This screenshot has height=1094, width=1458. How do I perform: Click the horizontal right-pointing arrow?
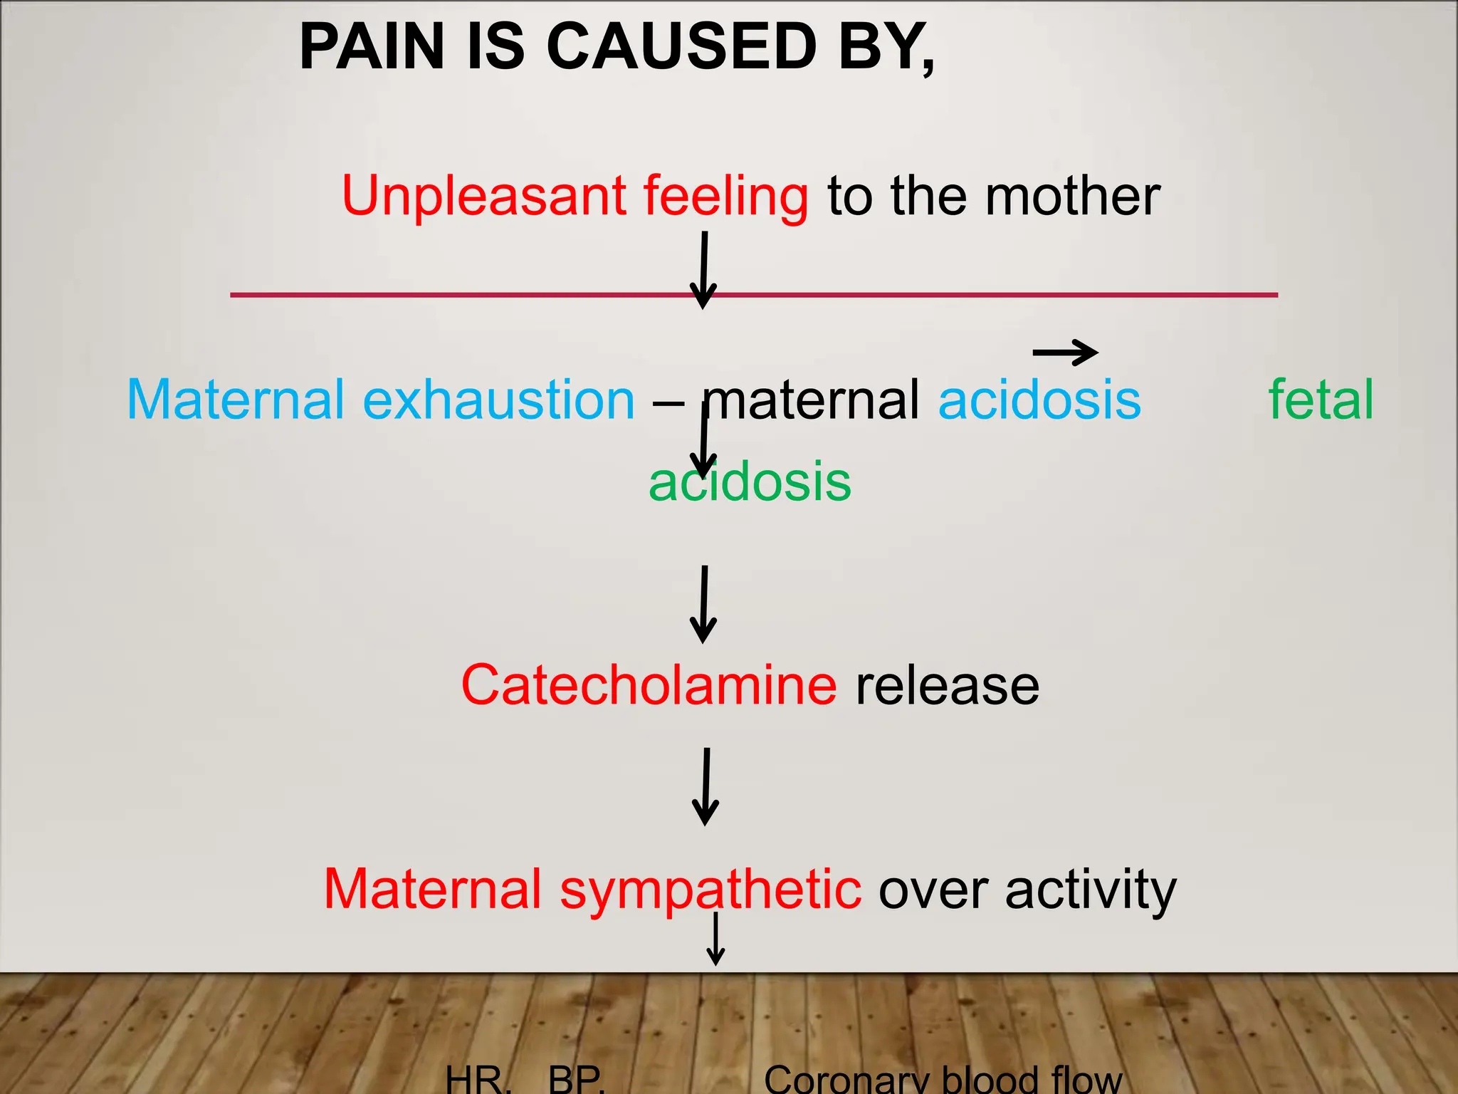[x=1065, y=352]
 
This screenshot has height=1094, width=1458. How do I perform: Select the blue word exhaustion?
[x=498, y=400]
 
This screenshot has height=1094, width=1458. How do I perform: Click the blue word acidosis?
[x=1039, y=400]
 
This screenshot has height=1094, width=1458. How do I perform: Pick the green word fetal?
[x=1321, y=400]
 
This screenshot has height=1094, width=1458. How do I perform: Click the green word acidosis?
[x=750, y=482]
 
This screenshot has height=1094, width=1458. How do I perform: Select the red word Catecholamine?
[x=649, y=685]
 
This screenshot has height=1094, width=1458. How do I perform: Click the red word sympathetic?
[x=710, y=890]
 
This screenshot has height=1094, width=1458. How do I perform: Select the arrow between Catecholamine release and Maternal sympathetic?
[x=706, y=786]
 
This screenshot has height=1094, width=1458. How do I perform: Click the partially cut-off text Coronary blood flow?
[x=943, y=1080]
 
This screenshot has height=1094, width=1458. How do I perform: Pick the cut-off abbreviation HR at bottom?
[x=476, y=1081]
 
